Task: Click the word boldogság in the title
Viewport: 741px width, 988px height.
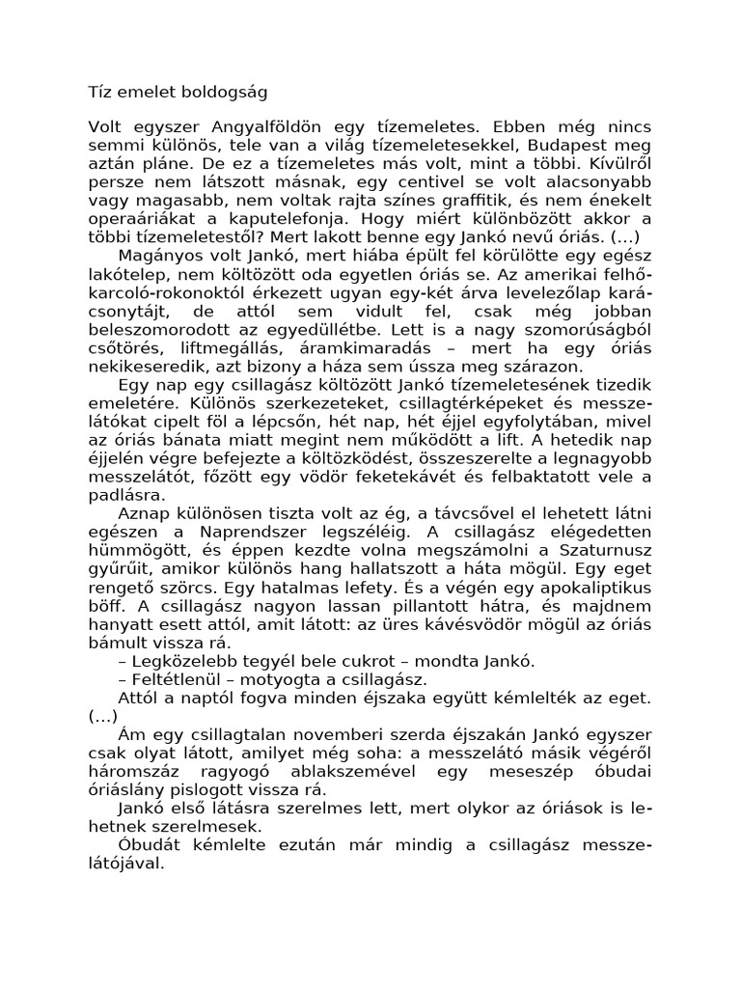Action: (x=221, y=94)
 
